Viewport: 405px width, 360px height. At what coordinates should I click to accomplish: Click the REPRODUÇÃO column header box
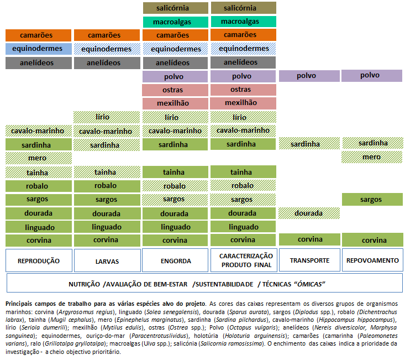(39, 260)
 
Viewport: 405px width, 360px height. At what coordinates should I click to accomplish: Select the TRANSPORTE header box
(309, 260)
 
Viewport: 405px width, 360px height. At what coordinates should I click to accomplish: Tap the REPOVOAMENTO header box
(372, 260)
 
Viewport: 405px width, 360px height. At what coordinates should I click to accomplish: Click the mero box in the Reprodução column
(39, 158)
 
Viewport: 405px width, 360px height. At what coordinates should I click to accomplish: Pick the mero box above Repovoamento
(372, 157)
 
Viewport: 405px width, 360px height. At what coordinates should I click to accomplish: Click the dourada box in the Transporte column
(309, 213)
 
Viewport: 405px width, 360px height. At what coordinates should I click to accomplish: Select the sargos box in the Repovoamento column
(372, 199)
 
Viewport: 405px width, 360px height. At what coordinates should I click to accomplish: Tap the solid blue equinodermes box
(39, 49)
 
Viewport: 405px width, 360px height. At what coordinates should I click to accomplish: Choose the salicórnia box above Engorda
(176, 8)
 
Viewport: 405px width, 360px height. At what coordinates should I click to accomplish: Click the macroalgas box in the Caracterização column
(244, 22)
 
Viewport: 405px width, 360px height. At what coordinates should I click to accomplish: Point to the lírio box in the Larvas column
(107, 117)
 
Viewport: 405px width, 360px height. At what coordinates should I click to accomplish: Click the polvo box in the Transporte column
(309, 76)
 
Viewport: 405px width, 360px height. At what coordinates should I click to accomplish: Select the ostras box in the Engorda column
(175, 90)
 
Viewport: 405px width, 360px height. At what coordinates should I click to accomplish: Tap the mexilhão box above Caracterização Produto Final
(243, 103)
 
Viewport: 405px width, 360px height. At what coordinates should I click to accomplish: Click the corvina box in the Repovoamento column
(372, 240)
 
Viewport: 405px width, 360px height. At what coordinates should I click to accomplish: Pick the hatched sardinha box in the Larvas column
(107, 145)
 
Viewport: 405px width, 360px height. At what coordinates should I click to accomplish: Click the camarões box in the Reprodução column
(38, 35)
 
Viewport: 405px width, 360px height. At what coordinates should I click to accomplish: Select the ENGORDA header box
(175, 260)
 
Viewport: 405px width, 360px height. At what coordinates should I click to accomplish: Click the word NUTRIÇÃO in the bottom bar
(84, 284)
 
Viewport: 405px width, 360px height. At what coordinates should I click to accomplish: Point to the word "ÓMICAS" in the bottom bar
(309, 284)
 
